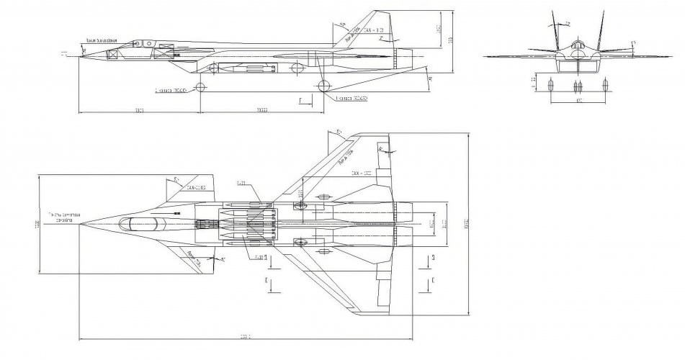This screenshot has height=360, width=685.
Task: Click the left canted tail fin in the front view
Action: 555,30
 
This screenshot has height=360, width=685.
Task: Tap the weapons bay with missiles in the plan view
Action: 245,223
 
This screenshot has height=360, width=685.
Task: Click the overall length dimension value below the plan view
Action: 246,339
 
